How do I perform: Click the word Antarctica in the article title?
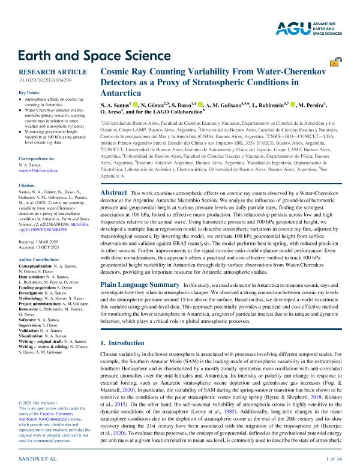point(121,94)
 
